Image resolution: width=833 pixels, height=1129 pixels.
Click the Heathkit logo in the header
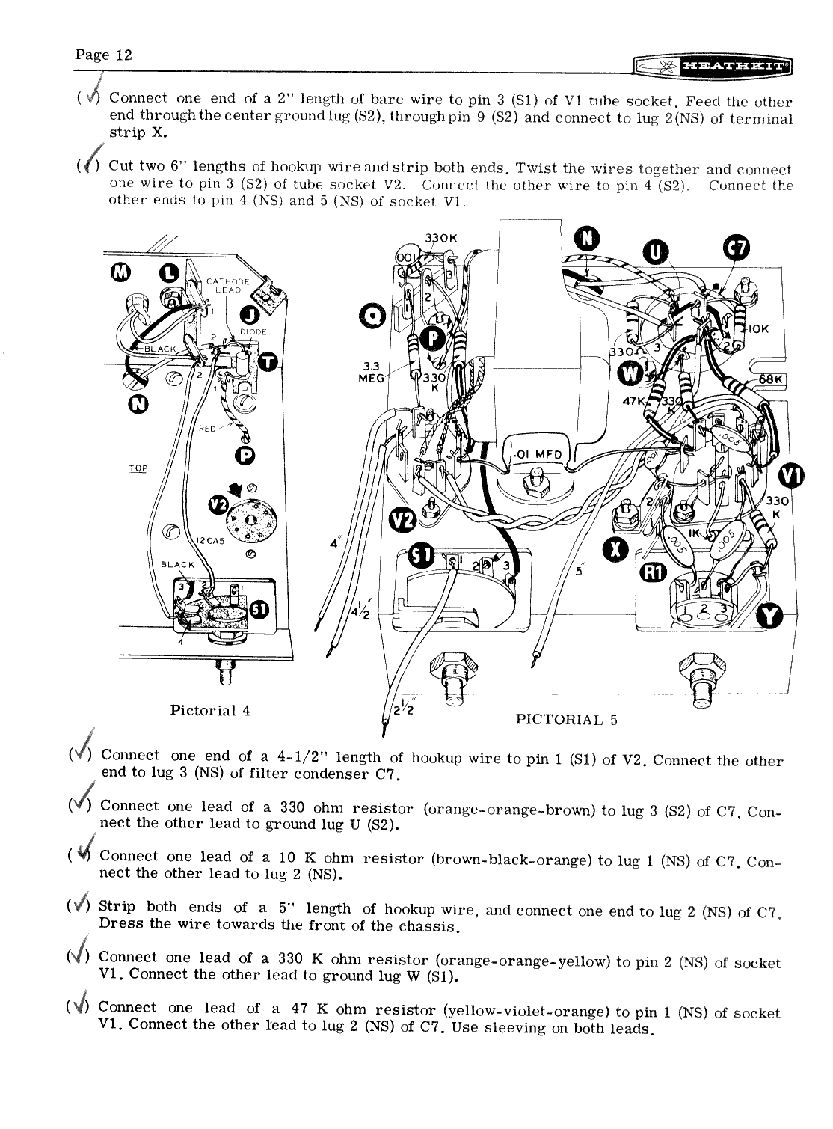coord(711,68)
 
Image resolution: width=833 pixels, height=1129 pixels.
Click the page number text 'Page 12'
coord(103,55)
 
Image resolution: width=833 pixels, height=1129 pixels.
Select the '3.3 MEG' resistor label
coord(372,371)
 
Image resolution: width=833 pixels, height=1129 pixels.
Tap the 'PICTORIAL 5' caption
coord(567,720)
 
